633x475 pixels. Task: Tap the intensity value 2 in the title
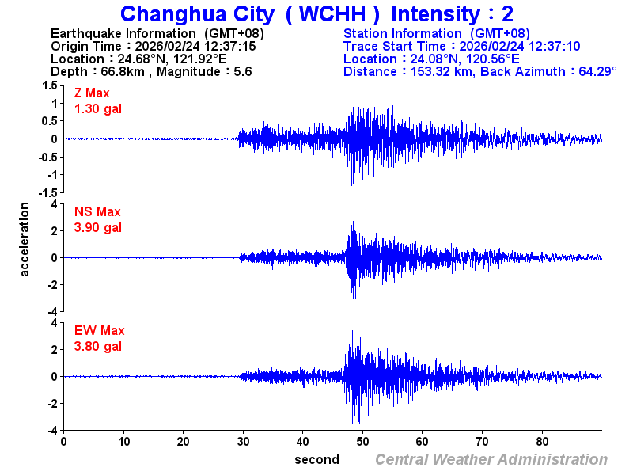tap(507, 14)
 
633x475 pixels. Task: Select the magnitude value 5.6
tap(243, 71)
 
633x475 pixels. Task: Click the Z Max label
tap(92, 93)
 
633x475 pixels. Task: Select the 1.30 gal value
tap(98, 108)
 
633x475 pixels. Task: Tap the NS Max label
tap(97, 212)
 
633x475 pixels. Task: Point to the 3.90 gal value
tap(98, 227)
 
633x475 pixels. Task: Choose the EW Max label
tap(99, 331)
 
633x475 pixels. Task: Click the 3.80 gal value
tap(98, 346)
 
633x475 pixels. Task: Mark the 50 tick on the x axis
tap(362, 442)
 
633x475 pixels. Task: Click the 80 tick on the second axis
tap(542, 442)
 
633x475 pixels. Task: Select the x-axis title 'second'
tap(316, 459)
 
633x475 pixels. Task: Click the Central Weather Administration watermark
tap(491, 459)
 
